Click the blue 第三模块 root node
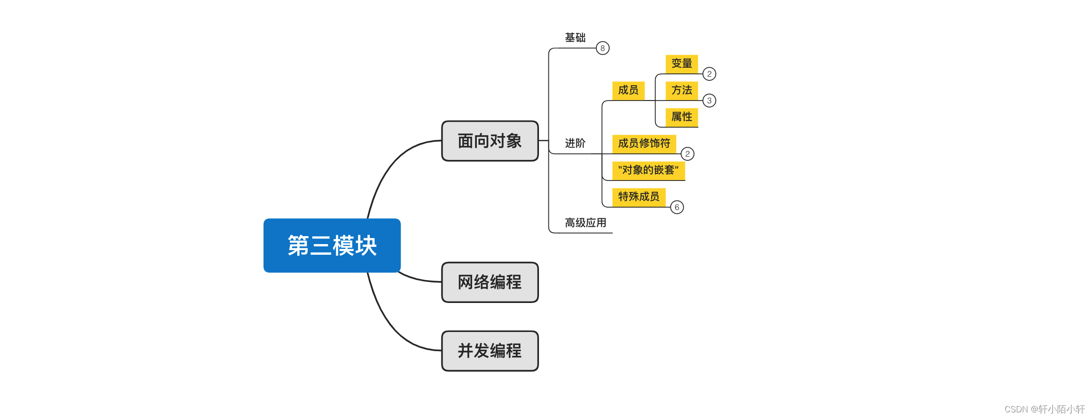[x=332, y=245]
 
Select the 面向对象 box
[x=489, y=141]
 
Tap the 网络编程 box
[x=489, y=282]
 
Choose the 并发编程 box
[x=489, y=351]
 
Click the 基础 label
[x=575, y=37]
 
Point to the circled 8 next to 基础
[x=603, y=48]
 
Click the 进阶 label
[x=575, y=143]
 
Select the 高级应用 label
[x=585, y=223]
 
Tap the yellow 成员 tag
[x=628, y=90]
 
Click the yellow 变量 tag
[x=682, y=64]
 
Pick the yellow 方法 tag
[x=682, y=90]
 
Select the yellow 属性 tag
[x=682, y=116]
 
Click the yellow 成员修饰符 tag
[x=644, y=143]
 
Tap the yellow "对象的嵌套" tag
[x=648, y=170]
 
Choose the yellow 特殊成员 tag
[x=639, y=196]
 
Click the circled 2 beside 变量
[x=709, y=74]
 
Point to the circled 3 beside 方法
[x=709, y=101]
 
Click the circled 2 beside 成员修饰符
[x=687, y=154]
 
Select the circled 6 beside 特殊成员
[x=677, y=207]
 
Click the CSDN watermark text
[x=1044, y=409]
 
